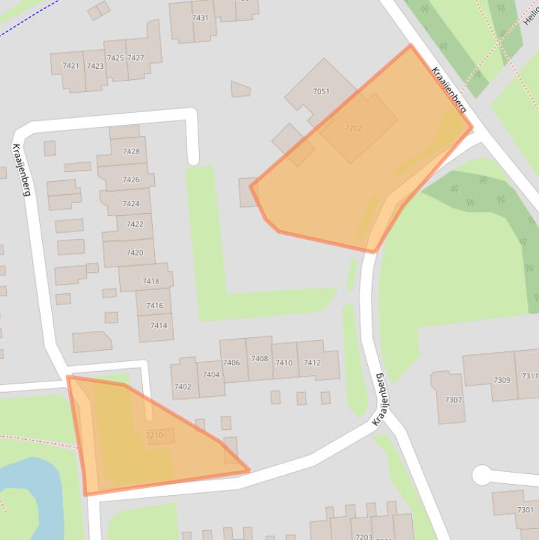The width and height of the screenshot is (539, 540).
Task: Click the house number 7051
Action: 321,92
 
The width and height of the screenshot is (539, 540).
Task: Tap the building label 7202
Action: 353,128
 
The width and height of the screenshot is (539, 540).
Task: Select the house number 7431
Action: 200,18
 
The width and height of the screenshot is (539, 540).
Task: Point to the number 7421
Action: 71,66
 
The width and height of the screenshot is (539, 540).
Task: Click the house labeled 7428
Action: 131,151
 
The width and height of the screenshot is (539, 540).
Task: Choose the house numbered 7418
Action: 151,281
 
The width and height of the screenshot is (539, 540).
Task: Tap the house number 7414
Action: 158,325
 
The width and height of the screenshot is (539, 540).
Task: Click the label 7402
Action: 182,386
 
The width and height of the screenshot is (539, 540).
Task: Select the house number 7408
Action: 259,358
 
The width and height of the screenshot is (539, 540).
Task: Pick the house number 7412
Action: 312,363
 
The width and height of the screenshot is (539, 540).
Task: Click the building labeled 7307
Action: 453,400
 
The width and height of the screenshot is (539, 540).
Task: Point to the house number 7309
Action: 502,380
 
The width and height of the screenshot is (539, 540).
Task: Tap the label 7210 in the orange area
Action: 154,436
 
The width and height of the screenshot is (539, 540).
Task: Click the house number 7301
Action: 525,510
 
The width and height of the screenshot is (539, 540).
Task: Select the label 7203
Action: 363,536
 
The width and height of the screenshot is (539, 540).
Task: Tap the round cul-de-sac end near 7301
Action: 482,475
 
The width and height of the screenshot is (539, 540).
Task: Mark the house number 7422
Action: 135,224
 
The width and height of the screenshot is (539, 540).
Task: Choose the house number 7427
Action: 136,58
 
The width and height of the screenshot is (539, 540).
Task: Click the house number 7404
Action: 211,374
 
